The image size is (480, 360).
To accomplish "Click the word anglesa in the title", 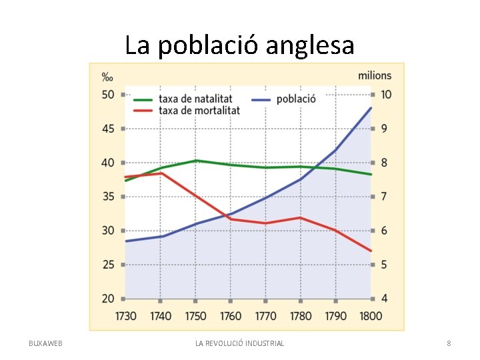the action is tap(310, 46).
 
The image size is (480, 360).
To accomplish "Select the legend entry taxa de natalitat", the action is tap(195, 99).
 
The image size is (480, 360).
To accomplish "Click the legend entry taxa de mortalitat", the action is tap(199, 110).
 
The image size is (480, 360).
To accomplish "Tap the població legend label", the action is tap(296, 99).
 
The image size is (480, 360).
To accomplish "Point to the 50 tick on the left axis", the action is tap(108, 95).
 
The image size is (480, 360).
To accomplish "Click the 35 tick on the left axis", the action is tap(108, 197).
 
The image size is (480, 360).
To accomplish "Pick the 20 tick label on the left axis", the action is tap(108, 299).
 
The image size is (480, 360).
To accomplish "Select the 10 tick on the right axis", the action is tap(386, 95).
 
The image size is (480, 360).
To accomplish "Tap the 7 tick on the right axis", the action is tap(384, 197).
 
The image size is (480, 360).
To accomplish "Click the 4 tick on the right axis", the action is tap(384, 299).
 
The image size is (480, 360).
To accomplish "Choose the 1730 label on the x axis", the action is tap(125, 316).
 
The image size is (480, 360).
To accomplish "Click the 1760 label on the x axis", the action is tap(231, 316).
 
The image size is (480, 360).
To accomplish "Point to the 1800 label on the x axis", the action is tap(371, 316).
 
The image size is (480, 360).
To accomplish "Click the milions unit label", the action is tap(375, 75).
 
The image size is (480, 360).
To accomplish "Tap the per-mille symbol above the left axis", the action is tap(107, 77).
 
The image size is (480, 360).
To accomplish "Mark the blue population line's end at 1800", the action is tap(371, 108).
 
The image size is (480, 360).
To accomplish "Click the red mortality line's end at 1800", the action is tap(371, 251).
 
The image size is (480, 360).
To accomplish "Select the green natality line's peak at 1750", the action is tap(196, 161).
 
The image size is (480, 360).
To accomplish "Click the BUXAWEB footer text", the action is tap(45, 343).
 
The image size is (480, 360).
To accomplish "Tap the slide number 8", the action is tap(449, 343).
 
